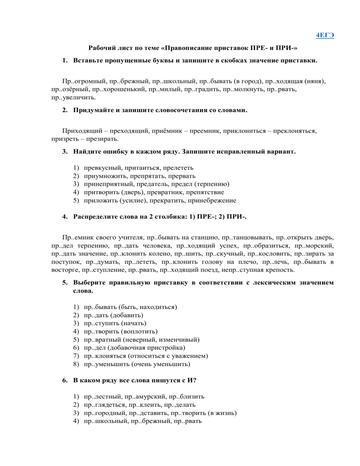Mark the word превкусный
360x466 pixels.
coord(103,167)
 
